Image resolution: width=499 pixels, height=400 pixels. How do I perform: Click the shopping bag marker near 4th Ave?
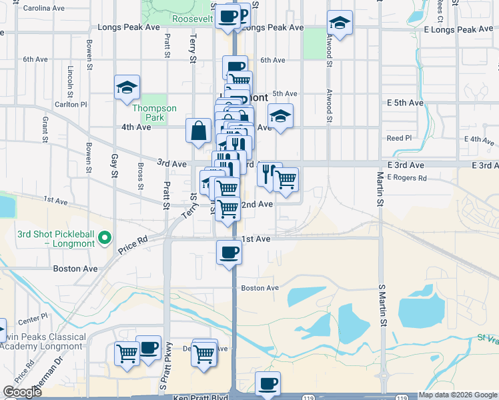tap(199, 130)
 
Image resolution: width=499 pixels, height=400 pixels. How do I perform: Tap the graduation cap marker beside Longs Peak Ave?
tap(340, 24)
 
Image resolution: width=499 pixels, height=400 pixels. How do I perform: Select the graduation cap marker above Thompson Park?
tap(126, 87)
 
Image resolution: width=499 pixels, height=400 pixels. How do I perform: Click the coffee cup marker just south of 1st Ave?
tap(229, 252)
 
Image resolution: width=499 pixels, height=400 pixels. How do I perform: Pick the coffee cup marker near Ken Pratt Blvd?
tap(268, 384)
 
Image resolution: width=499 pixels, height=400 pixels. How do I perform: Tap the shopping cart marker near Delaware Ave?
tap(204, 351)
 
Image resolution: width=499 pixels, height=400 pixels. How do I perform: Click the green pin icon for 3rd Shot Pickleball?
tap(104, 237)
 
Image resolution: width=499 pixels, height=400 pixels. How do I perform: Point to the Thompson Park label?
tap(154, 113)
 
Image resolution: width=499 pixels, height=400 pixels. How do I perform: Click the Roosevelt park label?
tap(192, 19)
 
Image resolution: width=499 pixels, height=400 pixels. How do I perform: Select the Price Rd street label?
tap(133, 246)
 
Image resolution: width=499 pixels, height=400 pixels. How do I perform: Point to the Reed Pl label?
tap(400, 139)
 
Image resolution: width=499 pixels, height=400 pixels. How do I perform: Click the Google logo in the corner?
tap(23, 392)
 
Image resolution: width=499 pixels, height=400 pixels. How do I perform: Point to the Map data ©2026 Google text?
tap(458, 395)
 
